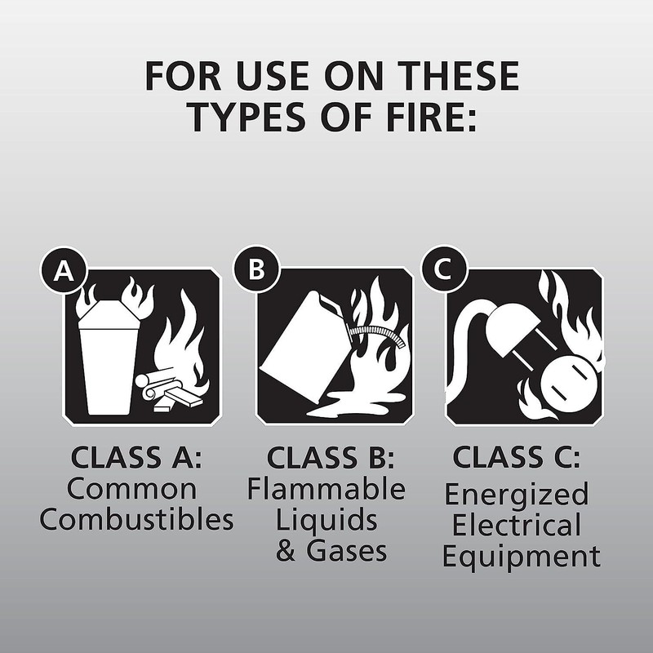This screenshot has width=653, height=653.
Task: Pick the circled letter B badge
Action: point(256,270)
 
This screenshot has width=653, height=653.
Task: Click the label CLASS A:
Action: point(135,458)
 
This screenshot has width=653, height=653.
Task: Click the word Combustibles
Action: point(136,520)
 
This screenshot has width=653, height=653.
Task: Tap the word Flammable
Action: point(326,490)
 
